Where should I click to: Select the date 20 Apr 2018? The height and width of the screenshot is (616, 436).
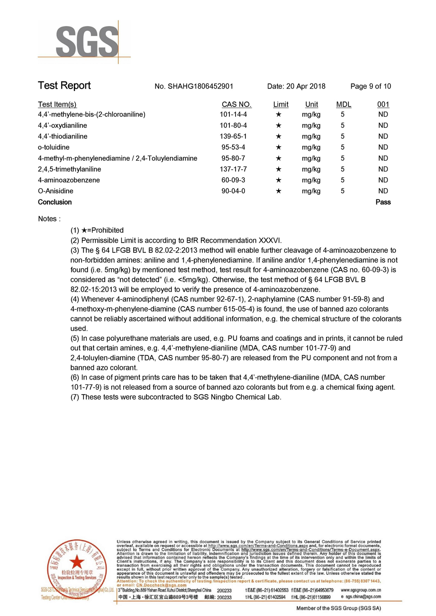(296, 86)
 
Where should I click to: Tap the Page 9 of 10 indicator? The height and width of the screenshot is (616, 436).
(371, 86)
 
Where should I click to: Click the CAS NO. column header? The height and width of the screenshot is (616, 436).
(236, 104)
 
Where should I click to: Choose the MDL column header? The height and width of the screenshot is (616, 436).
(344, 104)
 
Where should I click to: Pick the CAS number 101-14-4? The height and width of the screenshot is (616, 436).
(234, 115)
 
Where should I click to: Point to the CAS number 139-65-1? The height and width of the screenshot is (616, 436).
(234, 136)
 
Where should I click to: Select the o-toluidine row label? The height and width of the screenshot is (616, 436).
(54, 147)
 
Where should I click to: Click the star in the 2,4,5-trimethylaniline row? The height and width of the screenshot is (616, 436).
(279, 169)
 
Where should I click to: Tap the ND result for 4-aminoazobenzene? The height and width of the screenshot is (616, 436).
(383, 180)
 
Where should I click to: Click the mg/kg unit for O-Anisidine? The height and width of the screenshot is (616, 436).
(311, 191)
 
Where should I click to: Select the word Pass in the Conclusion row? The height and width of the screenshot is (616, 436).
(383, 202)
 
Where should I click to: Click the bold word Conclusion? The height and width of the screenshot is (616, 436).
(55, 202)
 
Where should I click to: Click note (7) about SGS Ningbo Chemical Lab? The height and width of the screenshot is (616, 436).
(176, 397)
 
